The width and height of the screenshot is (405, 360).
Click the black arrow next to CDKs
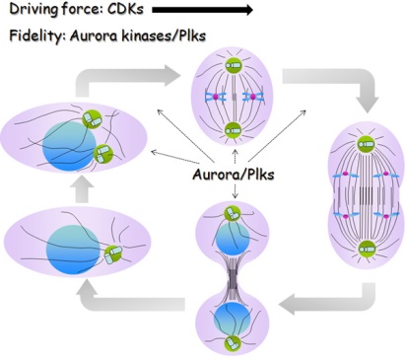point(202,12)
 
